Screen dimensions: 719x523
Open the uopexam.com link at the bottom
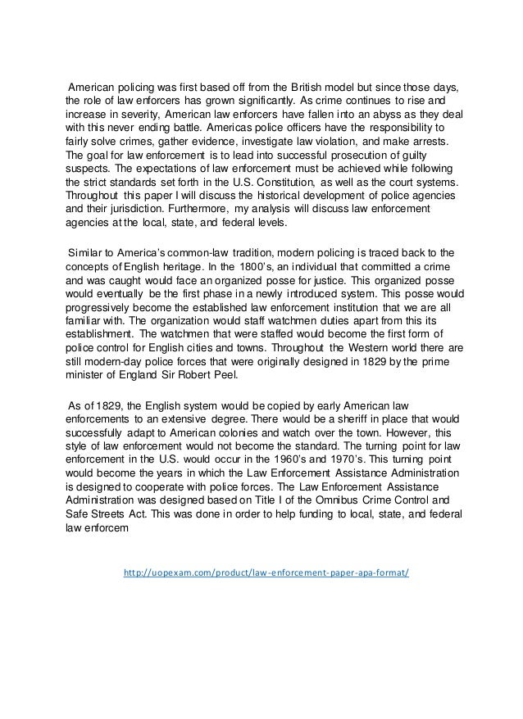265,573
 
